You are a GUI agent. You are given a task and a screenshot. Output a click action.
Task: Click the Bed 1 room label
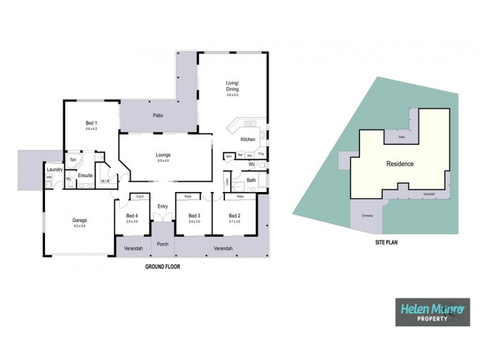click(x=91, y=123)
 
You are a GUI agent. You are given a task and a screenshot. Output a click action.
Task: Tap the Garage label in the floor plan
click(x=80, y=220)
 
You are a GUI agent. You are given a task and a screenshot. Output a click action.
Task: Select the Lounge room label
click(x=163, y=155)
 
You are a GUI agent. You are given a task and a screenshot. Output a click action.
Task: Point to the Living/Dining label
click(x=232, y=86)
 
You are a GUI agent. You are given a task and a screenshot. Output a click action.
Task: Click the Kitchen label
click(x=248, y=140)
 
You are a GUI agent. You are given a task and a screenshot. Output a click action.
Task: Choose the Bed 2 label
click(x=235, y=216)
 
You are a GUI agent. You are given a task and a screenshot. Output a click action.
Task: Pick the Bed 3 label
click(x=193, y=216)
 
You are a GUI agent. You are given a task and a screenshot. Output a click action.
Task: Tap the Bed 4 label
click(x=132, y=216)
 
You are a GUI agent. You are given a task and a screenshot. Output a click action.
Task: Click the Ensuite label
click(x=86, y=176)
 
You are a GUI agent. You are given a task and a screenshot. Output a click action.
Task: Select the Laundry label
click(x=55, y=170)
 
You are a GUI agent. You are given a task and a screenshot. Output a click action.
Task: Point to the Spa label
click(x=73, y=160)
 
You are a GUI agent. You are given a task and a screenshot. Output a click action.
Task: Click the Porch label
click(x=162, y=244)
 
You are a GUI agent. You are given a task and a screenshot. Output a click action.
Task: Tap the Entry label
click(x=163, y=206)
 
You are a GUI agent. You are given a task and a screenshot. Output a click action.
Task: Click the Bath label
click(x=251, y=180)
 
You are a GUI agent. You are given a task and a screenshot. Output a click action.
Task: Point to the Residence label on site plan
click(x=400, y=163)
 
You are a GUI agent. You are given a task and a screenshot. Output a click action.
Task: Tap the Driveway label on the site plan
click(x=367, y=215)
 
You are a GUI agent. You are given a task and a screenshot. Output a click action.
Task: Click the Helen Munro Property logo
click(x=431, y=313)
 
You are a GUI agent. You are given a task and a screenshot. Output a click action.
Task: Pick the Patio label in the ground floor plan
click(x=158, y=115)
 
